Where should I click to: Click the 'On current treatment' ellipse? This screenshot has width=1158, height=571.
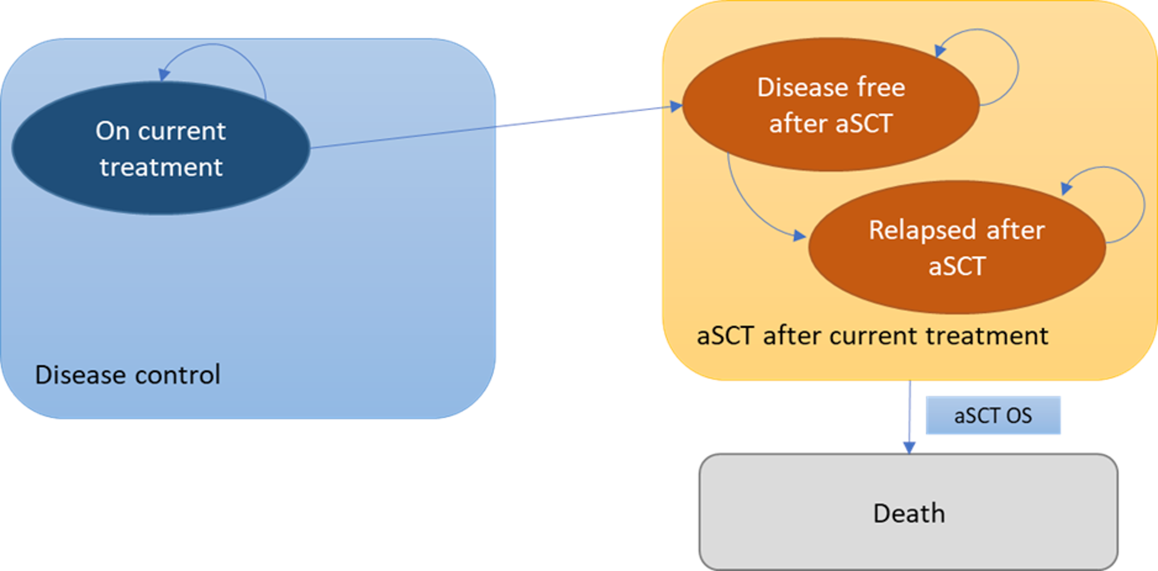[161, 148]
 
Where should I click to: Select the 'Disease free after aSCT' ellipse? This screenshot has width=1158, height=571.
[831, 105]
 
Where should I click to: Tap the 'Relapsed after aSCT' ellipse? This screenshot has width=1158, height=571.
[957, 248]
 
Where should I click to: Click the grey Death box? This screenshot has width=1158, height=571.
[908, 512]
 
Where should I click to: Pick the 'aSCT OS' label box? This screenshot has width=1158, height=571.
[993, 416]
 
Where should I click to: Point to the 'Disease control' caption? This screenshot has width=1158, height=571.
[128, 375]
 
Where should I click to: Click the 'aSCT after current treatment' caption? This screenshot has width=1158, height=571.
[872, 336]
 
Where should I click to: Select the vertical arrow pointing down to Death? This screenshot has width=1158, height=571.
[910, 413]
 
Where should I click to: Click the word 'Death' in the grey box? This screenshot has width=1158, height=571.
[909, 513]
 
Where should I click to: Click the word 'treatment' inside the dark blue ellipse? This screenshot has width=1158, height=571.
[161, 167]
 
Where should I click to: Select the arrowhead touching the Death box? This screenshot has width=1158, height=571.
[909, 448]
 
